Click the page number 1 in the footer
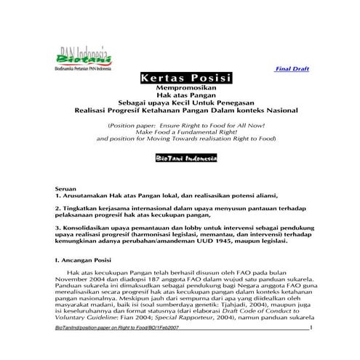tap(311, 328)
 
